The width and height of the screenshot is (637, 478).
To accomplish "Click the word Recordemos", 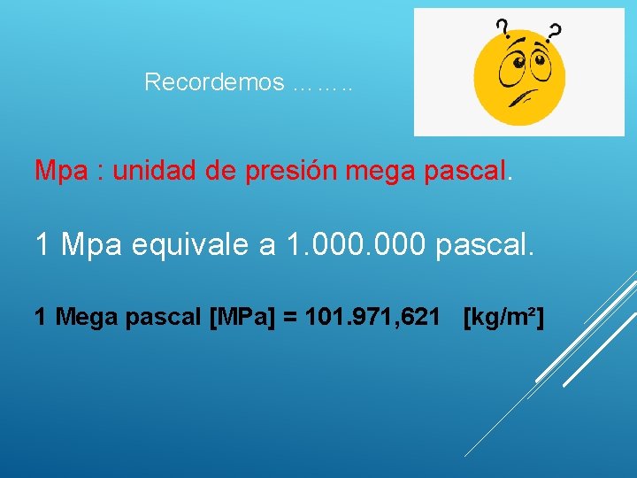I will [x=214, y=82].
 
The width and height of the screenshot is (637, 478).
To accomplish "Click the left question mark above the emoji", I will [x=502, y=27].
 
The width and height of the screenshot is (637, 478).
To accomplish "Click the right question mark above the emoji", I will [x=555, y=32].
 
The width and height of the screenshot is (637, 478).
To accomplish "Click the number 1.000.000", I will [x=358, y=243].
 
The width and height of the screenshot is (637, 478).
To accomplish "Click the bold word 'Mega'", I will [x=83, y=316].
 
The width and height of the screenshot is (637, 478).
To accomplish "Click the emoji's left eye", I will [x=512, y=62].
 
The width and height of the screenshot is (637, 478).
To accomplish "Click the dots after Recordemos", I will [x=321, y=86].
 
